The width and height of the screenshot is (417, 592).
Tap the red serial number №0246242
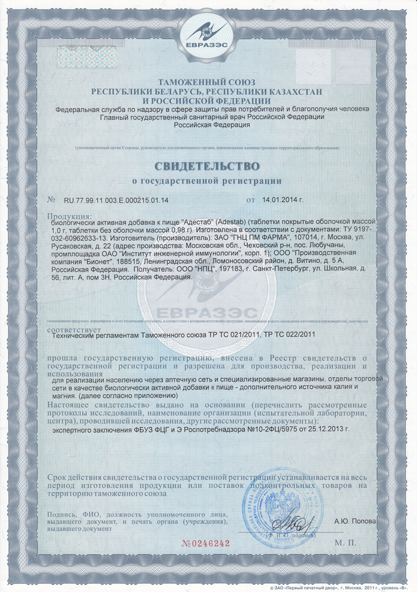tap(204, 542)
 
